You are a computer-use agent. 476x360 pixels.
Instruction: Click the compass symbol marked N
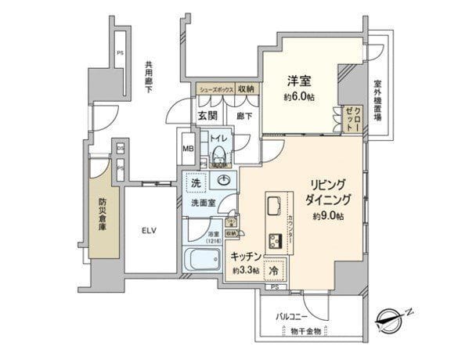(388, 317)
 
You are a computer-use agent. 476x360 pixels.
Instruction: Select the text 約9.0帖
(330, 214)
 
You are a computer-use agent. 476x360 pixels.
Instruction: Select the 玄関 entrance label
(207, 115)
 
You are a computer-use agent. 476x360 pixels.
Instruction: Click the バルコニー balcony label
(291, 317)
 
